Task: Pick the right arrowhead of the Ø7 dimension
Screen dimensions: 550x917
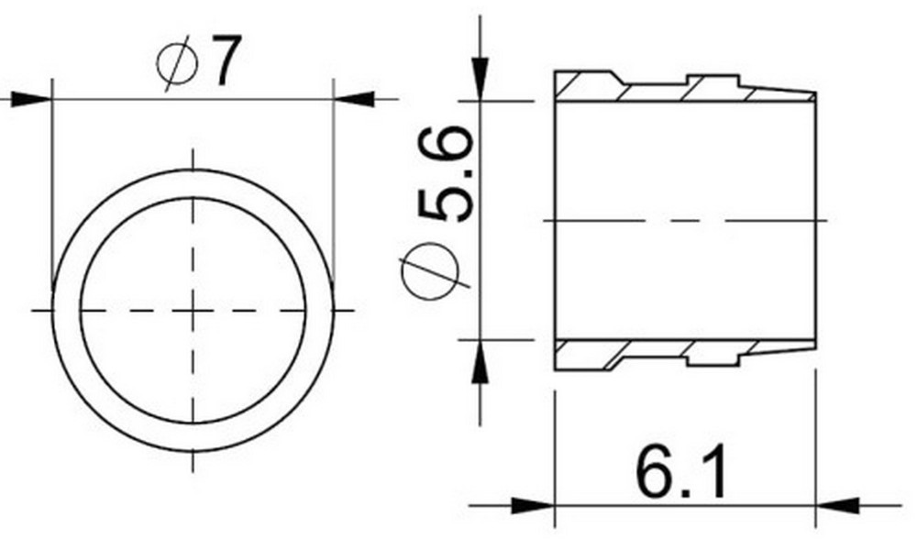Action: (356, 98)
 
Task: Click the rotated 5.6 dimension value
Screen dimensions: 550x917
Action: (446, 174)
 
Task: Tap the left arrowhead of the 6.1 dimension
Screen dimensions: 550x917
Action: (532, 504)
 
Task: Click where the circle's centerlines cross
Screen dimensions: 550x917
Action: (193, 311)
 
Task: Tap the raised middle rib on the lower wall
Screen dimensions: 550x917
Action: (713, 355)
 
